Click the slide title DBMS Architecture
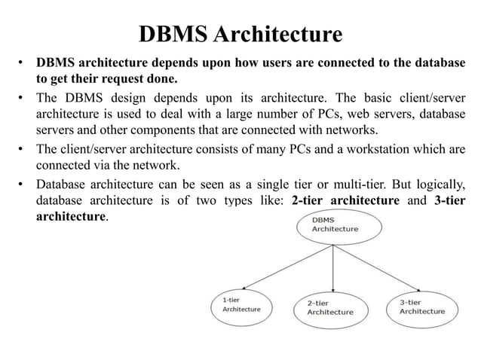click(x=240, y=34)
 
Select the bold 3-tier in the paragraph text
click(x=450, y=201)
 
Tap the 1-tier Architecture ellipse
click(x=240, y=304)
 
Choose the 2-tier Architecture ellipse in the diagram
click(x=329, y=307)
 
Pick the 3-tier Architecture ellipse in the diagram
click(x=421, y=306)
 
